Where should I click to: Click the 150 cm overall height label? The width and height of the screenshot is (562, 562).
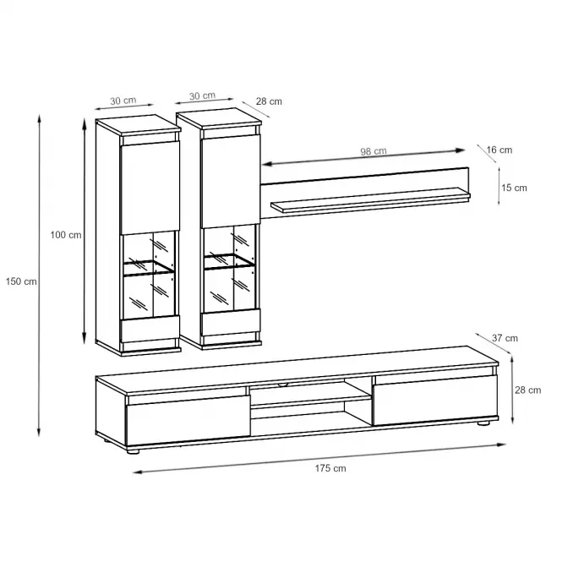coord(21,281)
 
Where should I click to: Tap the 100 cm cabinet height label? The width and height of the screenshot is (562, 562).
coord(66,235)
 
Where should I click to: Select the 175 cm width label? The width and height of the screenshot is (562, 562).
coord(330,468)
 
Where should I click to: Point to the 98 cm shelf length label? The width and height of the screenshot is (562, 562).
coord(374,151)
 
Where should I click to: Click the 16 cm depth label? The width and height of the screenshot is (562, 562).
coord(499,150)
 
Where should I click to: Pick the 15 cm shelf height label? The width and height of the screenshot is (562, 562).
coord(514,188)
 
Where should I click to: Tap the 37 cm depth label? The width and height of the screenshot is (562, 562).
coord(505,338)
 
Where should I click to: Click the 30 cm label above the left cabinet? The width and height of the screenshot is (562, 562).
coord(123,101)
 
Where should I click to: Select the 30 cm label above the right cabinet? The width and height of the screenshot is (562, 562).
coord(202,95)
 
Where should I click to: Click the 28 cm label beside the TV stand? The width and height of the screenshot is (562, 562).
coord(528,390)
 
